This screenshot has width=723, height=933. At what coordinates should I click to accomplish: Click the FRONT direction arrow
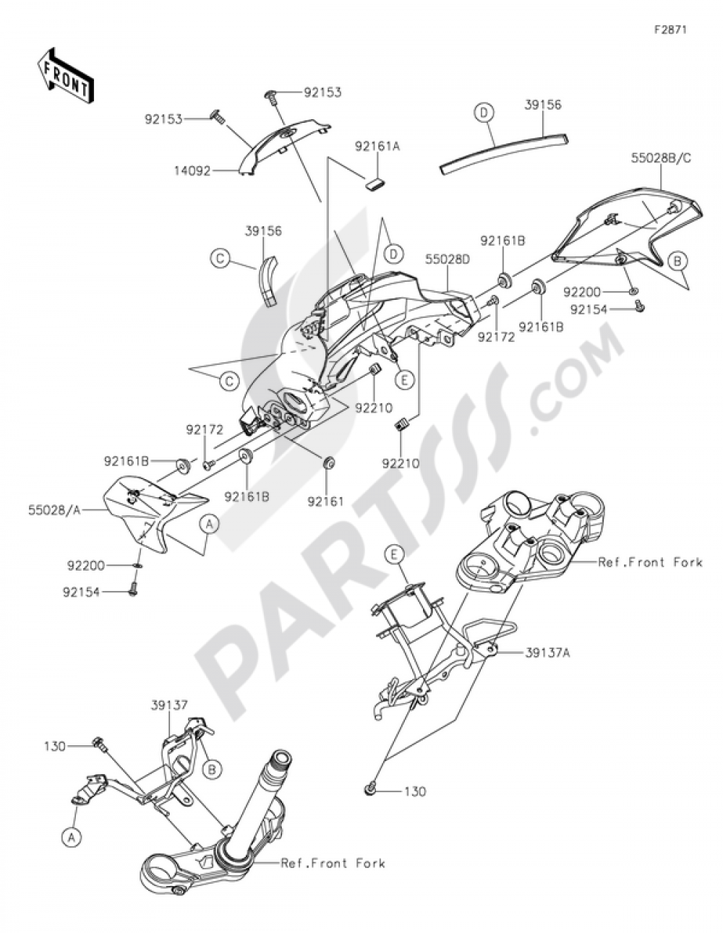pyautogui.click(x=64, y=74)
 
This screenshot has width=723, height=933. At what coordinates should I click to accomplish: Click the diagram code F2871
pyautogui.click(x=670, y=30)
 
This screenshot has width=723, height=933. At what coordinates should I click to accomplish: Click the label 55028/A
pyautogui.click(x=61, y=510)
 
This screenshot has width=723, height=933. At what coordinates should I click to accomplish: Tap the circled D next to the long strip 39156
pyautogui.click(x=484, y=112)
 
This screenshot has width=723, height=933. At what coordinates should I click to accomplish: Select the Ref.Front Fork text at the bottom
pyautogui.click(x=333, y=863)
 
